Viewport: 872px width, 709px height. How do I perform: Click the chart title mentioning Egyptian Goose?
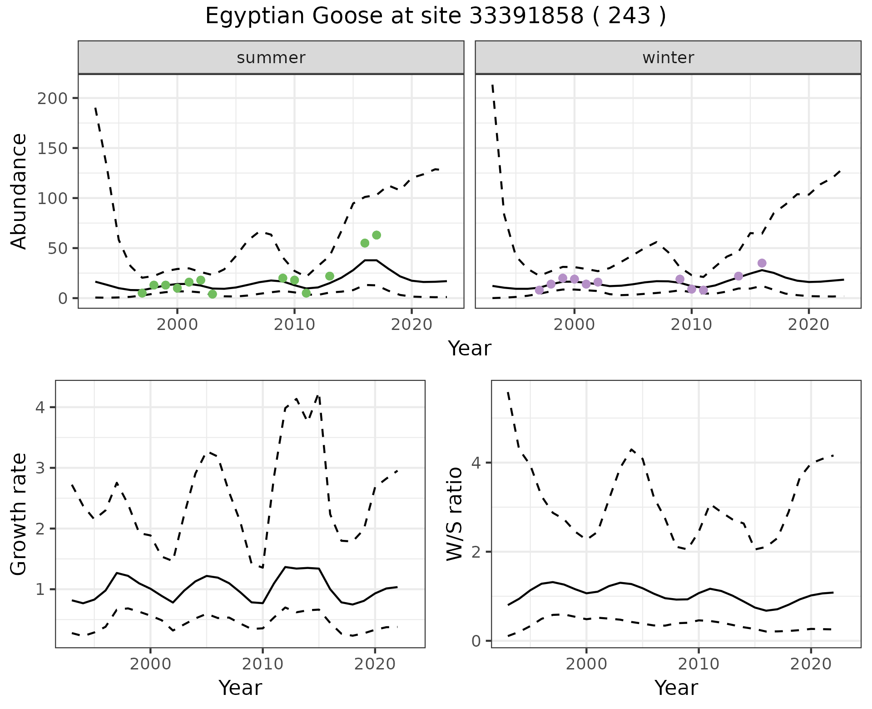[435, 16]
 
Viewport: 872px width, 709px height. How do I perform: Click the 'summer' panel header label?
[271, 58]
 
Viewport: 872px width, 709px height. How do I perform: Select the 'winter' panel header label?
[668, 58]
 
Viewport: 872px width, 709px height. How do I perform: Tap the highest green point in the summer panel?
[377, 235]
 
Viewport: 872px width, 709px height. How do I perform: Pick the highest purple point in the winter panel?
[762, 263]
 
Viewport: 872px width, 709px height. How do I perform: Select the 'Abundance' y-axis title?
[19, 191]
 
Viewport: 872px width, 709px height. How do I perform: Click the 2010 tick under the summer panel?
[294, 325]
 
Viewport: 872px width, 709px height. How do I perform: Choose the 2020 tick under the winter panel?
[808, 325]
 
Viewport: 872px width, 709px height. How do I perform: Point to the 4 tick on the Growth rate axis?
[40, 407]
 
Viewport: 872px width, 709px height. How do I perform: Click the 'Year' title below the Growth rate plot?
[240, 688]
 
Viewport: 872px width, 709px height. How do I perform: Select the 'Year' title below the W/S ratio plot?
[676, 688]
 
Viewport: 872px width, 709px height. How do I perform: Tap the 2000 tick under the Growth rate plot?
[150, 664]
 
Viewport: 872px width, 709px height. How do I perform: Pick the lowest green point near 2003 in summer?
[213, 294]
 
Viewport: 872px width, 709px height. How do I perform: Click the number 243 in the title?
[629, 16]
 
